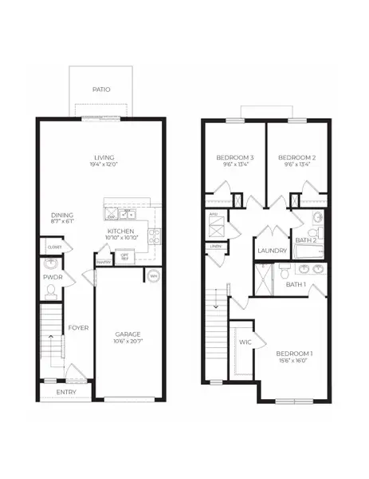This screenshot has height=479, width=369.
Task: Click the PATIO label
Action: coord(100,89)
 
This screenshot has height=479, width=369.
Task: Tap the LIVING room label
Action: coord(104,157)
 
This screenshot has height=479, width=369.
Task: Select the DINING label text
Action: coord(63,215)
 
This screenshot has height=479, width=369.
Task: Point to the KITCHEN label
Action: coord(123,232)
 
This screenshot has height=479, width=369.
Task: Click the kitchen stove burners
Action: coord(155,236)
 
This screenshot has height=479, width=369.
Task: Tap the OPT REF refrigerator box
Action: coord(125,257)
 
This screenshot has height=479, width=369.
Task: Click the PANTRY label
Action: coord(104,261)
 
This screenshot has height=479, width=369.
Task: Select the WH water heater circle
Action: coord(154,276)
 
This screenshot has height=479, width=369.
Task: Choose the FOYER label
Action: coord(77,328)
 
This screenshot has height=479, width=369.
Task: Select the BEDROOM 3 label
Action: coord(234,158)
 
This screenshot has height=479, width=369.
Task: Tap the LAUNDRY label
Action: coord(272,251)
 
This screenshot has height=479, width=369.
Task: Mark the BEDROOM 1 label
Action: coord(294,353)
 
